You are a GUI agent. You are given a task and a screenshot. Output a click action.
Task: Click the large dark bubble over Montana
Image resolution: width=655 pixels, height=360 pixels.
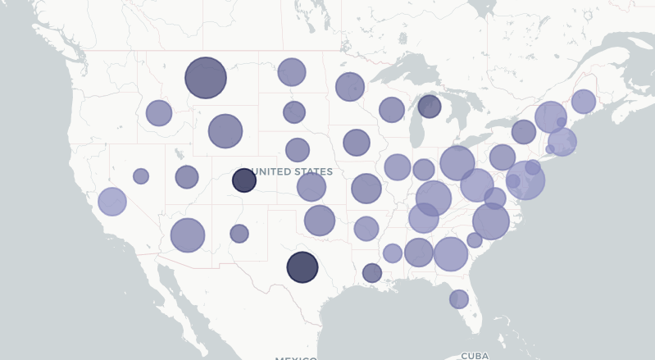click(x=206, y=78)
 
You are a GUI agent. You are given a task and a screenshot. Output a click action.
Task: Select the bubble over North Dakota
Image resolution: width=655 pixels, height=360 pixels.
click(x=292, y=72)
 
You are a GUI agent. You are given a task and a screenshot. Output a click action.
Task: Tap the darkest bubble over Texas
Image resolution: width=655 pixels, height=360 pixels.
click(x=302, y=267)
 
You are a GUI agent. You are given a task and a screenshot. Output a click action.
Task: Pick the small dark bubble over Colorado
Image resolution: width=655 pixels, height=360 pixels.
click(x=244, y=180)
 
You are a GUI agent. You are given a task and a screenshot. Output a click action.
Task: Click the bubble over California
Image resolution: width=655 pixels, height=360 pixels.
click(x=112, y=201)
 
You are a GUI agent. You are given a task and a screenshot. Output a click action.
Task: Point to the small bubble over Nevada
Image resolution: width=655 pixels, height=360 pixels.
click(x=141, y=176)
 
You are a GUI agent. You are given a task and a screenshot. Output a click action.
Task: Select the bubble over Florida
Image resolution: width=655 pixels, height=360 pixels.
click(x=459, y=299)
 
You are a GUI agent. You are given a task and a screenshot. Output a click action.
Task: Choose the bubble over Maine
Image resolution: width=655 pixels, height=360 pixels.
click(x=584, y=102)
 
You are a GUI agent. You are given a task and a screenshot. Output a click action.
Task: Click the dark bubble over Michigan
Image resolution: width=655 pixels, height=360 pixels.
click(x=430, y=106)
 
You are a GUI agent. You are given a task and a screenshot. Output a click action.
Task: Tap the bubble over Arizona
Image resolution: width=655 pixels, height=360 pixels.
click(x=188, y=235)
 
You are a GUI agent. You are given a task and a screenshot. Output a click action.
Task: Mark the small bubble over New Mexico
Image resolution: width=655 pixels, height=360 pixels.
click(x=239, y=234)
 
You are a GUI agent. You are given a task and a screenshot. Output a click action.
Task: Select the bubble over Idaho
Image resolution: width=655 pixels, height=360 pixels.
click(x=159, y=113)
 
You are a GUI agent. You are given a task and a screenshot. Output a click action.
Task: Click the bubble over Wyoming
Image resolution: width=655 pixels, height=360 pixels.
click(x=225, y=130)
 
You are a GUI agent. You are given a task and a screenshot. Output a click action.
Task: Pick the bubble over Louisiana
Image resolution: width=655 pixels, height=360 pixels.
click(x=372, y=273)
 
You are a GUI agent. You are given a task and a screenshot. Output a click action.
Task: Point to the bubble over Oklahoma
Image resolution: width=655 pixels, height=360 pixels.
click(x=320, y=220)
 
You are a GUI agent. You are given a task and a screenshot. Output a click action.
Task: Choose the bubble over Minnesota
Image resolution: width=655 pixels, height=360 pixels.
click(x=350, y=86)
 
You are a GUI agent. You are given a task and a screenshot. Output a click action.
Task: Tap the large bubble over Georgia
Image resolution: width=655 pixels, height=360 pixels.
click(x=450, y=254)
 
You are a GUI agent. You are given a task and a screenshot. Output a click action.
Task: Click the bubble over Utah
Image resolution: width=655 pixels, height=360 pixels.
click(x=187, y=176)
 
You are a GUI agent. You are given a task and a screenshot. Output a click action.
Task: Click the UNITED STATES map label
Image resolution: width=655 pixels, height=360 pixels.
click(x=293, y=172)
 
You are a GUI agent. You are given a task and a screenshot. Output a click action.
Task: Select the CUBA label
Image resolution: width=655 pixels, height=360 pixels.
click(x=475, y=356)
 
